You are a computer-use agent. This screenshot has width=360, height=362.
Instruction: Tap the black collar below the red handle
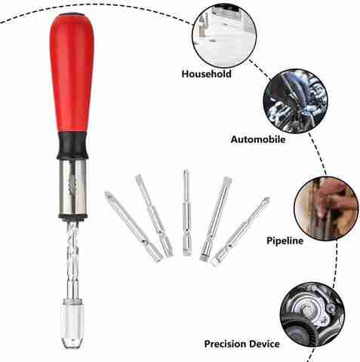click(x=72, y=146)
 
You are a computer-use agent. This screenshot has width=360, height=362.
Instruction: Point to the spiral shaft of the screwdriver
click(x=72, y=259)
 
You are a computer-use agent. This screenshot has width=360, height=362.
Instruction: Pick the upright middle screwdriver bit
click(x=186, y=213)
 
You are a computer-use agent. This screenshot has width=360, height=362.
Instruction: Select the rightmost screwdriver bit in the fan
click(x=241, y=231)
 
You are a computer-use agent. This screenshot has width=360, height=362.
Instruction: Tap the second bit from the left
click(x=154, y=215)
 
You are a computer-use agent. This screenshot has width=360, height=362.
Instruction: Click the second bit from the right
click(x=216, y=218)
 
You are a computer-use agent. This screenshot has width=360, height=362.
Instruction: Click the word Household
click(x=207, y=74)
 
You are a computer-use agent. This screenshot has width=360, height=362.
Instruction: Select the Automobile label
click(x=258, y=140)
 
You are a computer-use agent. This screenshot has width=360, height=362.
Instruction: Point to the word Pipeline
click(x=285, y=241)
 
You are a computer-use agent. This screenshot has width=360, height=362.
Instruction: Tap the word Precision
click(x=226, y=344)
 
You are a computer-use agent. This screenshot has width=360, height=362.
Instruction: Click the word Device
click(x=265, y=344)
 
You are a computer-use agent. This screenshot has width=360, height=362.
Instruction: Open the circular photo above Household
click(x=224, y=35)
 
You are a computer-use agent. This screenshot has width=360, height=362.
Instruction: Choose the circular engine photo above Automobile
click(x=295, y=101)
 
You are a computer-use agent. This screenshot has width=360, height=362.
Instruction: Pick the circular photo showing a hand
click(x=326, y=208)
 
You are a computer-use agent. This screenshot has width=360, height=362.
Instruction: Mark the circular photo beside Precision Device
click(x=312, y=315)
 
